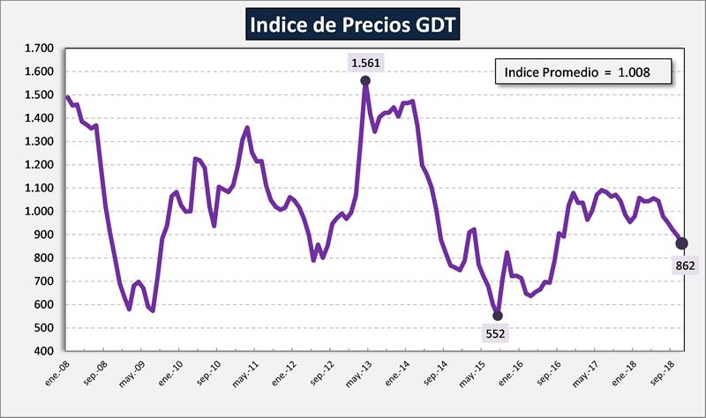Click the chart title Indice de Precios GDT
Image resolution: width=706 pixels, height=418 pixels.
352,24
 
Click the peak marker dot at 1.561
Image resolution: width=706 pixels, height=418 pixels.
365,81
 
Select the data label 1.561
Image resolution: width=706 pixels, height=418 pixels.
365,62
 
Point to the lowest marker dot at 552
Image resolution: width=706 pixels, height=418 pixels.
498,315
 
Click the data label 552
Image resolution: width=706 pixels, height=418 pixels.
498,334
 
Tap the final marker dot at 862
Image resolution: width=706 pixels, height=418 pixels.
682,243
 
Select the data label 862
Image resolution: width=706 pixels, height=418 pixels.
686,265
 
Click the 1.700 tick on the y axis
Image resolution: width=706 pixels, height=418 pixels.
39,49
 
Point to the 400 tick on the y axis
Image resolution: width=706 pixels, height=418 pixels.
44,351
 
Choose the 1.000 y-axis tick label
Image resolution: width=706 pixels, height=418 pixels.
39,212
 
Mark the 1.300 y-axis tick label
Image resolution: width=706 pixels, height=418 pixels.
39,141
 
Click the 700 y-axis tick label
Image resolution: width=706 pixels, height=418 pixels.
44,281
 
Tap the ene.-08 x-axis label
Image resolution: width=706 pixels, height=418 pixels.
57,375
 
